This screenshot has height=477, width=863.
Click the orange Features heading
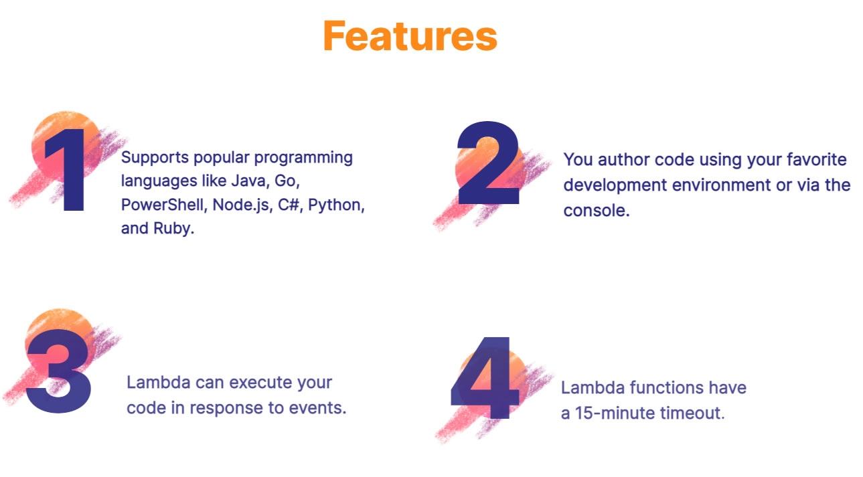pyautogui.click(x=410, y=36)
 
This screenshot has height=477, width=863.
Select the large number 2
pyautogui.click(x=488, y=164)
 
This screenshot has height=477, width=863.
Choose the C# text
pyautogui.click(x=289, y=205)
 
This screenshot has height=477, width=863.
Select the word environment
pyautogui.click(x=715, y=185)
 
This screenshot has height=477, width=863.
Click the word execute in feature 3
pyautogui.click(x=257, y=383)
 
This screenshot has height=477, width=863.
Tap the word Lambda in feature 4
pyautogui.click(x=586, y=387)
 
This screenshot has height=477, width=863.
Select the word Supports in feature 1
pyautogui.click(x=153, y=158)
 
